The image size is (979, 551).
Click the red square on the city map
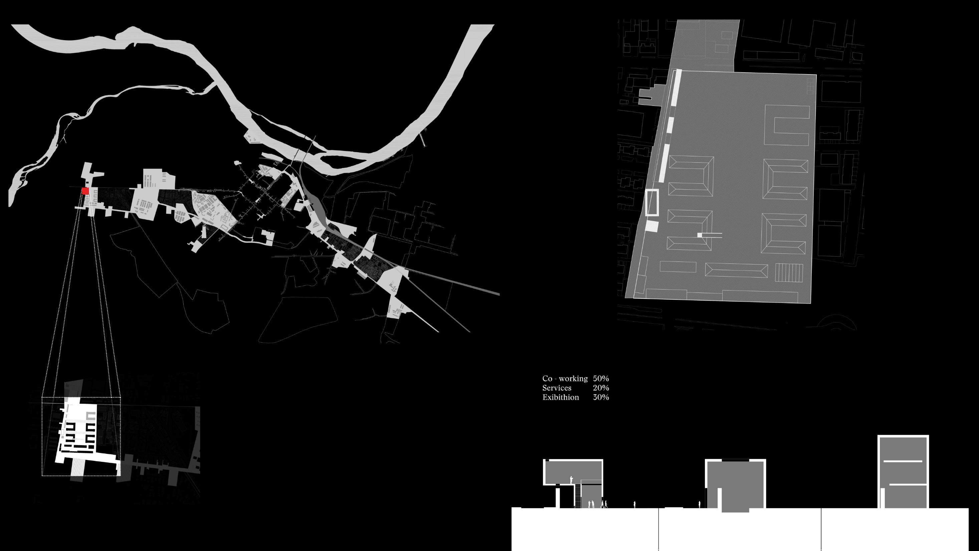click(85, 191)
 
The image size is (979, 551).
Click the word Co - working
click(565, 379)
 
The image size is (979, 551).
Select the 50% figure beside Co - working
click(601, 379)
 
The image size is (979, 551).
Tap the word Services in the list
click(557, 388)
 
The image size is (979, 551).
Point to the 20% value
click(601, 388)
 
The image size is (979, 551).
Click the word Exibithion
click(560, 397)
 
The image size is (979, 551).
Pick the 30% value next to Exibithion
click(601, 397)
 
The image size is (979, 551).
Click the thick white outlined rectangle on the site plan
click(652, 202)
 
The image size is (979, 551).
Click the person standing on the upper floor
click(571, 480)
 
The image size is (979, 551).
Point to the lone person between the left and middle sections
click(634, 505)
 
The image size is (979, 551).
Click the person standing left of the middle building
click(699, 505)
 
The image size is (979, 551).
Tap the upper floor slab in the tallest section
click(903, 461)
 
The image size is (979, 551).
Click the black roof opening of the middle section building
click(735, 461)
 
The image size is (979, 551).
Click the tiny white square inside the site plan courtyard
click(700, 235)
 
